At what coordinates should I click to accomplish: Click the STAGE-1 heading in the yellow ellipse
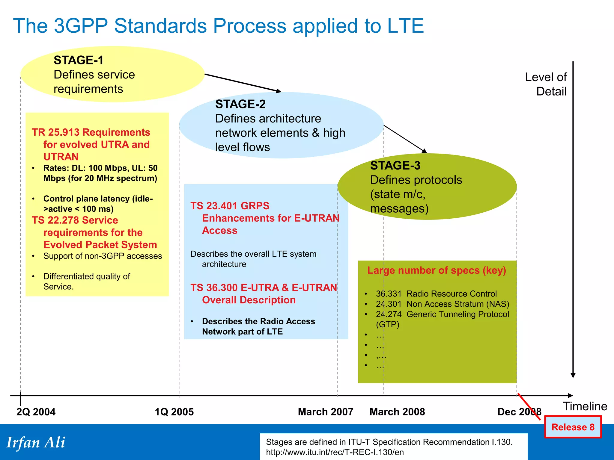click(x=79, y=60)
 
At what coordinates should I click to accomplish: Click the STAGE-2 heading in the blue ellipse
click(x=240, y=104)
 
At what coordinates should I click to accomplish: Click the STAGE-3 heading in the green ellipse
click(x=395, y=166)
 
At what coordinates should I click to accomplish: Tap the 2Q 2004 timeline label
click(x=36, y=412)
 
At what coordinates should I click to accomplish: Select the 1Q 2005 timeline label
click(x=174, y=412)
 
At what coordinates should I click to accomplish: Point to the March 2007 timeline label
click(x=326, y=412)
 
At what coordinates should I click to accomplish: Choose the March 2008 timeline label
click(x=397, y=412)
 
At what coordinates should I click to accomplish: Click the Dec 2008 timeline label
click(x=519, y=412)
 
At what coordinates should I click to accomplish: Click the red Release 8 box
click(x=573, y=427)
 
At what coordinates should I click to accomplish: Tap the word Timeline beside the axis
click(x=585, y=406)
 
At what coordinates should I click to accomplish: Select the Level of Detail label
click(x=546, y=84)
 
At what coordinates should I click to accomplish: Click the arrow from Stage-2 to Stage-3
click(x=405, y=139)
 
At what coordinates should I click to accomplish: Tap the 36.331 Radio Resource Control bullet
click(x=436, y=294)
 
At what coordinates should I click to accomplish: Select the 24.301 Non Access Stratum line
click(x=442, y=304)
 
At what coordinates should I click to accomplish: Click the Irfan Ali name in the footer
click(x=36, y=442)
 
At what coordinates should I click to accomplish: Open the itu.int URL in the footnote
click(x=335, y=452)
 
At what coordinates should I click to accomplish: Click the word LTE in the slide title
click(x=405, y=26)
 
